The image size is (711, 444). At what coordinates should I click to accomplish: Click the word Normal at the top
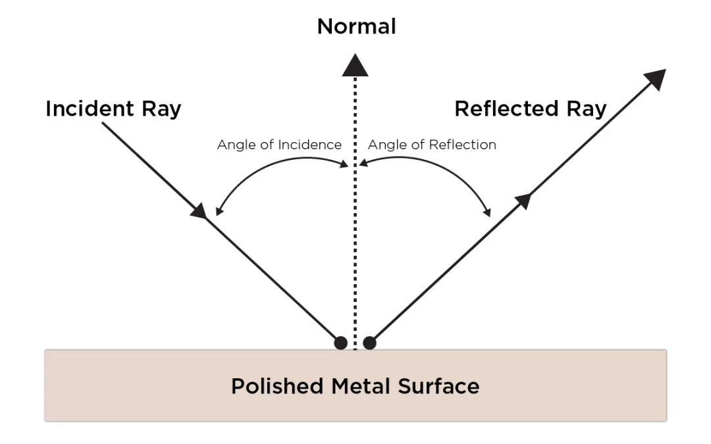click(x=356, y=26)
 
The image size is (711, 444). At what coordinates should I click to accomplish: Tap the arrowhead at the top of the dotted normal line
click(x=355, y=65)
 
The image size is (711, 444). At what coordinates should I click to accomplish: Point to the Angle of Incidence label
click(x=279, y=145)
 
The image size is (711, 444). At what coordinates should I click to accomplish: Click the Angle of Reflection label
click(x=432, y=145)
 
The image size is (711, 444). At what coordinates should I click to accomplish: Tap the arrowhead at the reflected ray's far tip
click(x=655, y=80)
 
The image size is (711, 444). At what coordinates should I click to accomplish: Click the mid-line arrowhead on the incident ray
click(x=199, y=210)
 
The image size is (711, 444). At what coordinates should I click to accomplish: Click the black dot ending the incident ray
click(x=340, y=343)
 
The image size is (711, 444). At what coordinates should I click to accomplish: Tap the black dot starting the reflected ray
click(x=370, y=343)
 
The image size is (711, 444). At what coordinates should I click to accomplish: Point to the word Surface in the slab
click(x=438, y=385)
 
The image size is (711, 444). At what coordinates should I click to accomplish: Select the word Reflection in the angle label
click(x=465, y=145)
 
